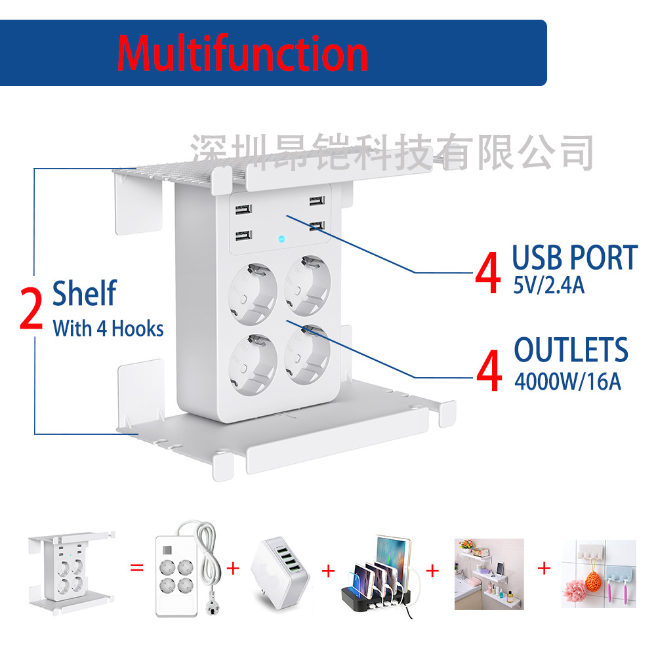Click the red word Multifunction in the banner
pos(242,53)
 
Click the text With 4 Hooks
pos(108,329)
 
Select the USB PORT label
pos(575,258)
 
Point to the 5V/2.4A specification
pos(548,287)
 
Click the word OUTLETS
pos(571,350)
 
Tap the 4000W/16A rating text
pos(567,381)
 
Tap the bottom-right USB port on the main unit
pos(316,226)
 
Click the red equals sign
pos(136,567)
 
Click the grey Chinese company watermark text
pos(392,152)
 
